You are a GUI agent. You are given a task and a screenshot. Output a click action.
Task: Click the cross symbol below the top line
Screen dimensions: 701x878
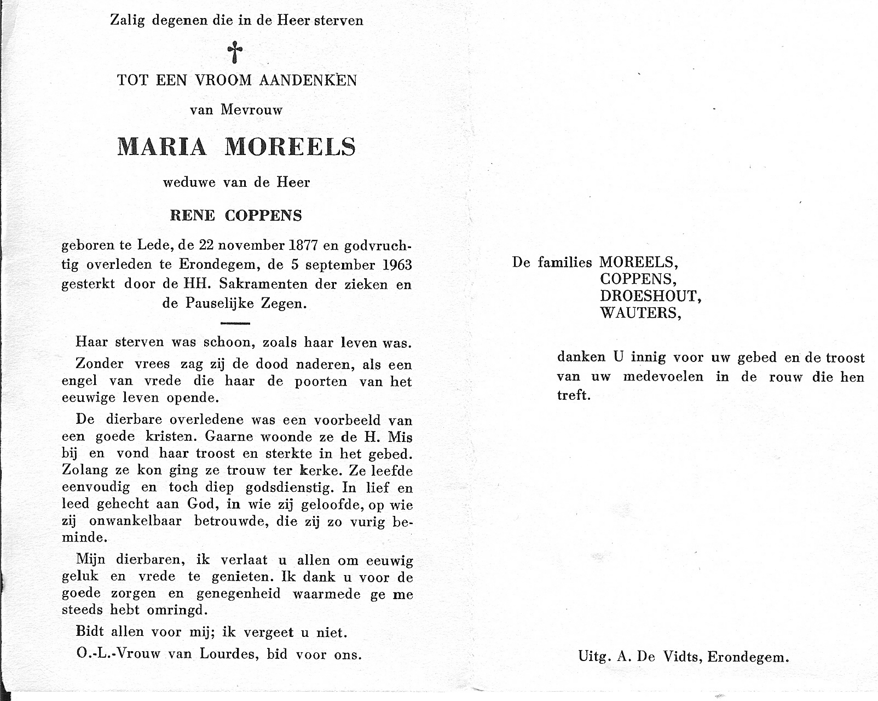(x=235, y=53)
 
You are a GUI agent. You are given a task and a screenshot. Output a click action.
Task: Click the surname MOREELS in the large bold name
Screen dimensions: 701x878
(x=290, y=147)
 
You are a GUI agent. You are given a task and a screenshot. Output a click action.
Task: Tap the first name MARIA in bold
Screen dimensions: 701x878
(x=162, y=147)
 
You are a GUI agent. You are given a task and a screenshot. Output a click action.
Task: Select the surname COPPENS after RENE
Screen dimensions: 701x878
(x=263, y=215)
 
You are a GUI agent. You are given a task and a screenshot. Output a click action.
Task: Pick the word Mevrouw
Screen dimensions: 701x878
(x=252, y=110)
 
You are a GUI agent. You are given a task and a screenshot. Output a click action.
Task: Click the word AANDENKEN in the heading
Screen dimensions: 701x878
(x=308, y=81)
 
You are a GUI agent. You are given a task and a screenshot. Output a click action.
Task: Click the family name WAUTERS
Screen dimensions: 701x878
(x=640, y=313)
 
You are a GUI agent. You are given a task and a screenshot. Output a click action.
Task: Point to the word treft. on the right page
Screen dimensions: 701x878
(x=574, y=395)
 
